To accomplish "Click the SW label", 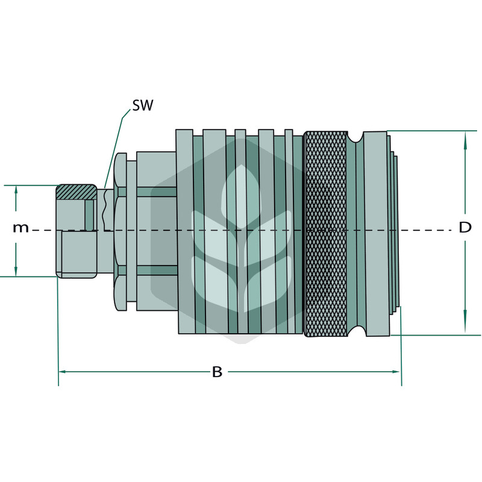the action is [x=142, y=105].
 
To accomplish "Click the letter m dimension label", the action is [x=20, y=228].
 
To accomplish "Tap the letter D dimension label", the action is [x=465, y=228].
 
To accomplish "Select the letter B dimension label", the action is [x=217, y=372].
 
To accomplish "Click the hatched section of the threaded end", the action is [x=77, y=192].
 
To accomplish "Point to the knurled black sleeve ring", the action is [x=325, y=234].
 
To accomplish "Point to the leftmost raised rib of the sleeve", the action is [x=186, y=231].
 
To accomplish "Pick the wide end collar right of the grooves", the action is [x=377, y=234].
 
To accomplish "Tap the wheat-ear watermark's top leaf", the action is [x=242, y=197].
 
